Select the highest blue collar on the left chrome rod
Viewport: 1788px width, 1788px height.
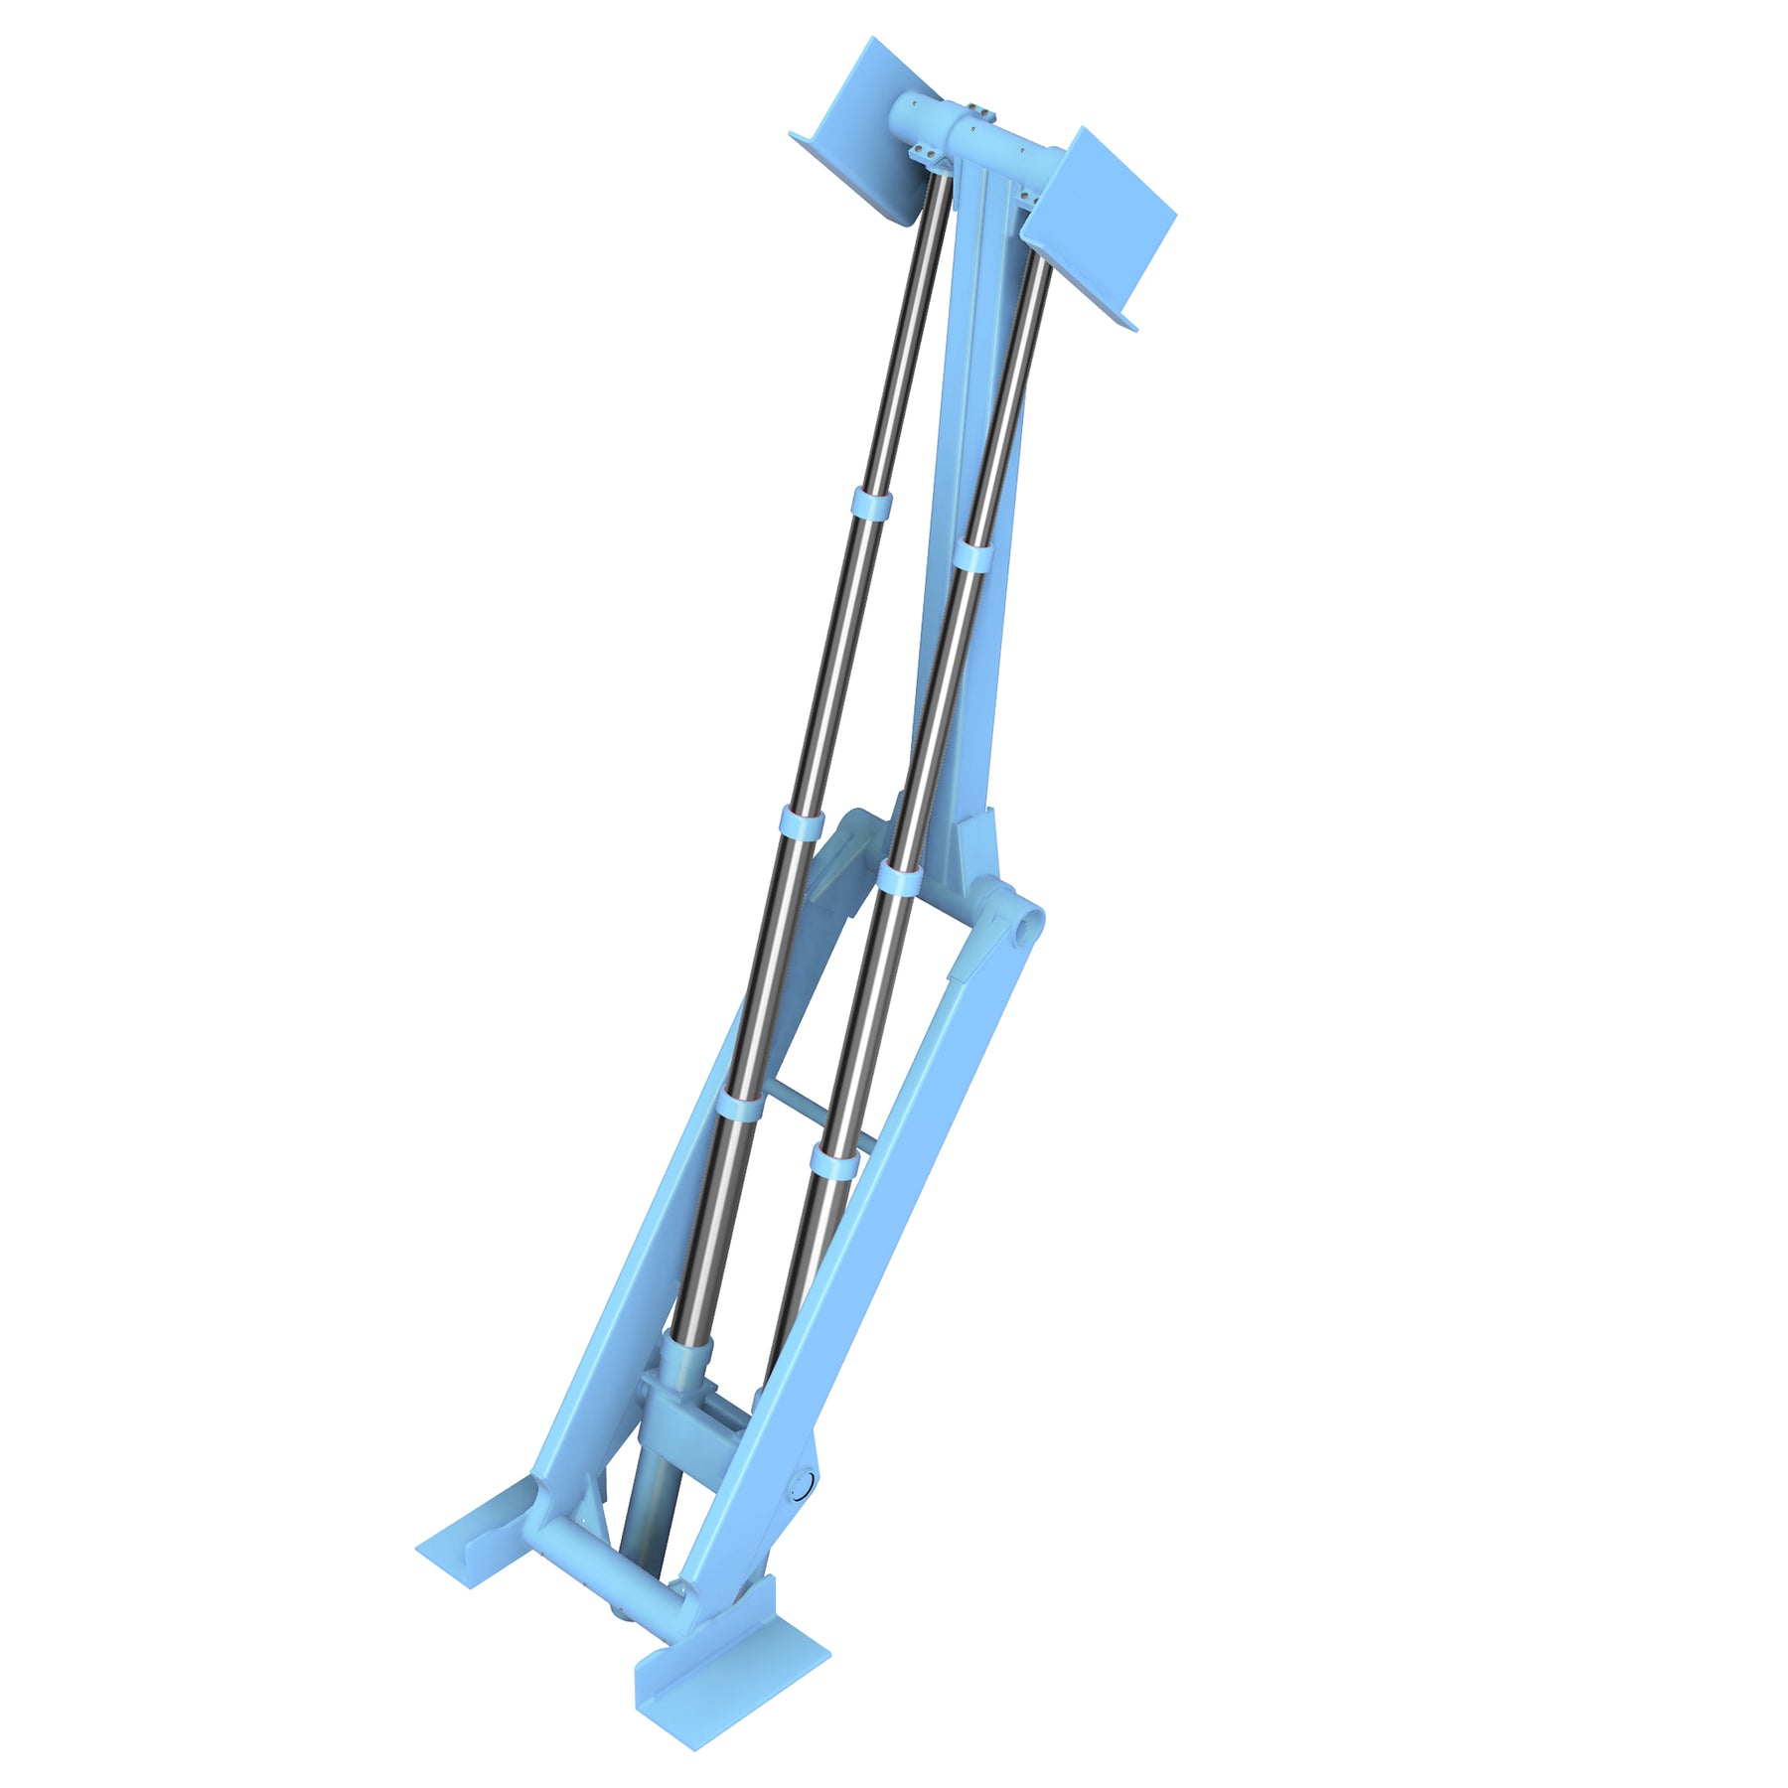click(870, 504)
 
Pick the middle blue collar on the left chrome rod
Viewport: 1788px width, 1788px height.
click(800, 822)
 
